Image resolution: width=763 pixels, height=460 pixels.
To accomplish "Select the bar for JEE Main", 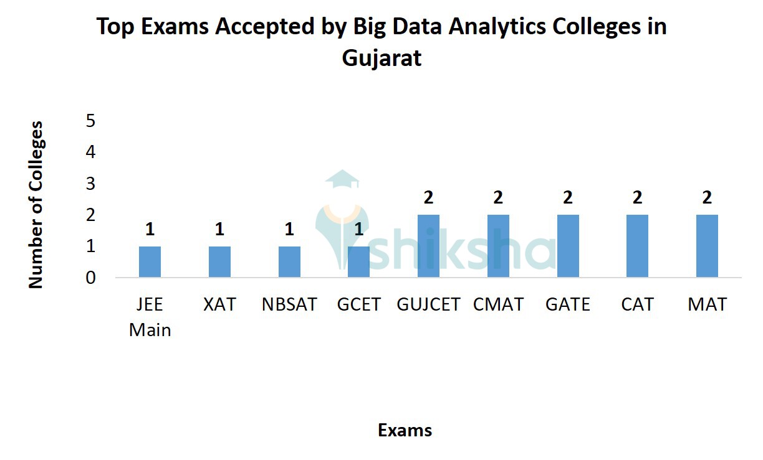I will coord(150,262).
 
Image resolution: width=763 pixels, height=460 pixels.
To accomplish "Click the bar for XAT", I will coord(219,262).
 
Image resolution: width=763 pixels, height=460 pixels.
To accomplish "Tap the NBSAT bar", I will coord(289,262).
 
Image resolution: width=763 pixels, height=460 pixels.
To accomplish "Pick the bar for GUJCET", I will coord(428,246).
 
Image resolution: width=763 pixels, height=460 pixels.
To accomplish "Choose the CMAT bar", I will coord(498,246).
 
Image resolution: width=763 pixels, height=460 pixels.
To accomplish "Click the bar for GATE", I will coord(568,246).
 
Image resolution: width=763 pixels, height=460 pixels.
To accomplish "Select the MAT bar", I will coord(707,246).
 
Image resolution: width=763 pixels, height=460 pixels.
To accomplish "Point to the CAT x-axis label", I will coord(637,304).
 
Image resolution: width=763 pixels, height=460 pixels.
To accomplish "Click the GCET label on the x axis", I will coord(358,304).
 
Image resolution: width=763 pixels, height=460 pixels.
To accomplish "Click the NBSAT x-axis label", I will coord(289,304).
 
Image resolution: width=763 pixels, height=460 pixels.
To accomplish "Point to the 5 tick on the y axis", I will coord(91,120).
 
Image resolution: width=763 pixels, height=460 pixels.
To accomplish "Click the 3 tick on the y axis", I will coord(91,184).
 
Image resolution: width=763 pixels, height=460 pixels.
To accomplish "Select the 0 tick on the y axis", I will coord(91,278).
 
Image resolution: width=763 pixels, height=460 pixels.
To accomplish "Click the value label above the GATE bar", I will coord(568,198).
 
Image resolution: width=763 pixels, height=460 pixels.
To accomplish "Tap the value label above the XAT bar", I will coord(219,230).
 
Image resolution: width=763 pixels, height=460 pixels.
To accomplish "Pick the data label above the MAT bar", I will coord(707,198).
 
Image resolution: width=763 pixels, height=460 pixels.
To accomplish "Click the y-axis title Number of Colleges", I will coord(36,204).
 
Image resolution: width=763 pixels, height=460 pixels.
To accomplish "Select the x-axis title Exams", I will coord(405,430).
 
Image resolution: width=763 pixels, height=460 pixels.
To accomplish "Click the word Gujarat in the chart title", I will coord(381,58).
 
